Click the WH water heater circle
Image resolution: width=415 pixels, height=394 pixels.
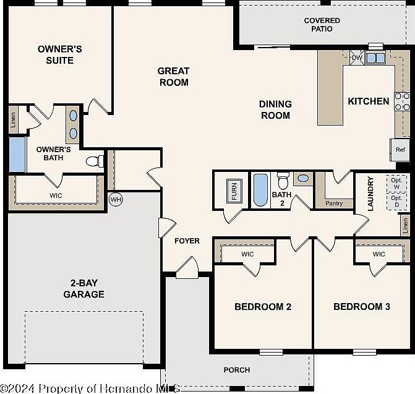[x=115, y=200]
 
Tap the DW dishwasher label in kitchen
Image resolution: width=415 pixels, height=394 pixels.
[x=357, y=58]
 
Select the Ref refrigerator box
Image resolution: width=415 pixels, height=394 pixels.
[x=400, y=150]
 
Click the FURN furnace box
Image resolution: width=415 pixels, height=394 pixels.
[x=234, y=191]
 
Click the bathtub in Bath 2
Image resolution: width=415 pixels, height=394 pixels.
[x=260, y=190]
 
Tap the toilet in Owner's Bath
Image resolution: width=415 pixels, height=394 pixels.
[x=94, y=162]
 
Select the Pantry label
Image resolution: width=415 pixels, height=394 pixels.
[x=333, y=203]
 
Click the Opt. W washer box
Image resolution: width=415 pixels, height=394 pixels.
[x=396, y=184]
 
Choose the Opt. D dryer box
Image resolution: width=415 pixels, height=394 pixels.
[x=396, y=201]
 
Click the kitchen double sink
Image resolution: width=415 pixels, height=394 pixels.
[x=375, y=58]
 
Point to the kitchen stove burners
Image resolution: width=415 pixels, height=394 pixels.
[x=401, y=101]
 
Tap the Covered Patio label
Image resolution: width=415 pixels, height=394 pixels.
[x=322, y=25]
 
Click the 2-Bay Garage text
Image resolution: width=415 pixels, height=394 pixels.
[x=83, y=289]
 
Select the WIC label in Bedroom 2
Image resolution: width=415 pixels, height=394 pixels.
[x=247, y=254]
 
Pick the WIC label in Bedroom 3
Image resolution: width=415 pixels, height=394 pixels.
[x=379, y=254]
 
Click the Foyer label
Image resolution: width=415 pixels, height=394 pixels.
[x=187, y=241]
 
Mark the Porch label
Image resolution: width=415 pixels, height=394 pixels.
[x=237, y=370]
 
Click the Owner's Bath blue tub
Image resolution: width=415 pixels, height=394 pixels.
[x=17, y=155]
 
